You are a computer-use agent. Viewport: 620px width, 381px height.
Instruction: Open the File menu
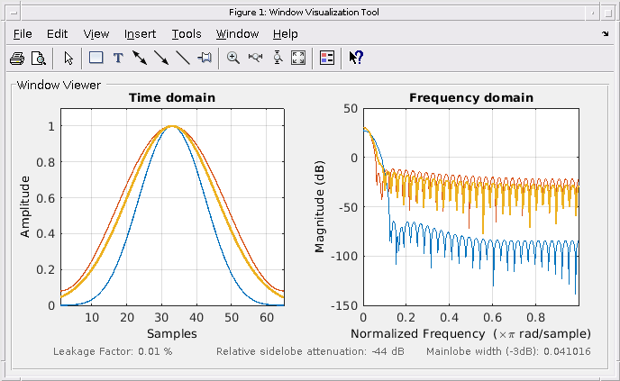point(23,34)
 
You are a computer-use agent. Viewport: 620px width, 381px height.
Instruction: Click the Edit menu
point(58,34)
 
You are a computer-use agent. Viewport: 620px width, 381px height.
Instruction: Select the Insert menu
point(140,34)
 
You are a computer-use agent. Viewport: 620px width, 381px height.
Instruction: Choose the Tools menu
point(187,34)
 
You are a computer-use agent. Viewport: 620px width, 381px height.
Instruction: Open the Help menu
point(285,34)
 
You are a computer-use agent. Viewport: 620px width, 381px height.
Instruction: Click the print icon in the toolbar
point(16,58)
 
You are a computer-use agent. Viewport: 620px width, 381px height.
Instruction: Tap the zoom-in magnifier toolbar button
point(232,58)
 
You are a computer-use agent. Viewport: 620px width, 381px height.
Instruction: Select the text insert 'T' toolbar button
point(117,58)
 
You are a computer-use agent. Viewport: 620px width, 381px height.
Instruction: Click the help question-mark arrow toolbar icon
point(356,58)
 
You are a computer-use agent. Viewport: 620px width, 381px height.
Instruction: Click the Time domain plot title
point(172,97)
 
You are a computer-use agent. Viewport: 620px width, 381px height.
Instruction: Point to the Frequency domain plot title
point(470,97)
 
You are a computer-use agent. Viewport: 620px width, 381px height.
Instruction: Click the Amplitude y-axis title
point(25,206)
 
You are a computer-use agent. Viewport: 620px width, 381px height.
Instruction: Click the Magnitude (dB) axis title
point(320,206)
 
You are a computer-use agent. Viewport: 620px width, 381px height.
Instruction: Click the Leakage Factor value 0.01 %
point(155,350)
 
